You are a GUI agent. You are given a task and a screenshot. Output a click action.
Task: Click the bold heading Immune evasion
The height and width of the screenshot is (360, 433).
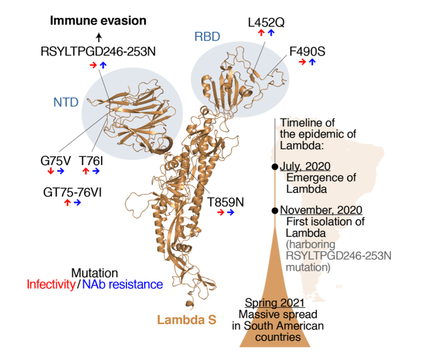(x=98, y=21)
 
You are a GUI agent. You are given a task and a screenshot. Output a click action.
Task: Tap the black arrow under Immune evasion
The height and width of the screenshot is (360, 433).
(x=98, y=36)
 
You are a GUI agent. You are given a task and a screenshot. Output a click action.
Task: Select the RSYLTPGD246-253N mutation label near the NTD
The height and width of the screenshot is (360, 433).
(x=98, y=52)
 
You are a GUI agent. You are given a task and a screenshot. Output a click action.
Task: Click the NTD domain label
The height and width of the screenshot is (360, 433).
(x=66, y=102)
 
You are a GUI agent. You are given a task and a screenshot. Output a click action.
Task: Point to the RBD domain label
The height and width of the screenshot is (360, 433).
(x=207, y=37)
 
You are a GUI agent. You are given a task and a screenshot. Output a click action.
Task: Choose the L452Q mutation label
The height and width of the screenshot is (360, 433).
(x=266, y=22)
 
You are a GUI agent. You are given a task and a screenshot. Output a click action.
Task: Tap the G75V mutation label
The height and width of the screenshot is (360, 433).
(x=57, y=160)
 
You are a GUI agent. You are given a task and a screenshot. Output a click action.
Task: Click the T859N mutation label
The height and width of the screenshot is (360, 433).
(x=226, y=202)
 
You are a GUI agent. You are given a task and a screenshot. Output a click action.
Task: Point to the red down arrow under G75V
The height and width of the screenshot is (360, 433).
(x=50, y=171)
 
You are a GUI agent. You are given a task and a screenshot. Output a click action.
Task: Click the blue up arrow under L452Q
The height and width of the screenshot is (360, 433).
(x=272, y=33)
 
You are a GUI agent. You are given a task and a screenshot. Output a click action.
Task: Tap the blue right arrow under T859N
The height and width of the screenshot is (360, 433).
(x=231, y=212)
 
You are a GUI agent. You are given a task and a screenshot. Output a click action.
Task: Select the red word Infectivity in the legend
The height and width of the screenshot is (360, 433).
(x=51, y=285)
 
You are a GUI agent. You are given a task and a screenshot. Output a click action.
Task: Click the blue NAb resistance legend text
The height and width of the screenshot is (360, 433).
(x=122, y=285)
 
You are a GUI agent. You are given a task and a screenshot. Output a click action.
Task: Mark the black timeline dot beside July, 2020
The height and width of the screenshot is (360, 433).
(x=274, y=167)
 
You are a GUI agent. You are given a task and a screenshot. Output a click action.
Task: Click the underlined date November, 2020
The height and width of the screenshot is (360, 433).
(x=321, y=210)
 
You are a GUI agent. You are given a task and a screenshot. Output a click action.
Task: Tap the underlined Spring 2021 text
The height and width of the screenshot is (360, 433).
(x=274, y=303)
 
